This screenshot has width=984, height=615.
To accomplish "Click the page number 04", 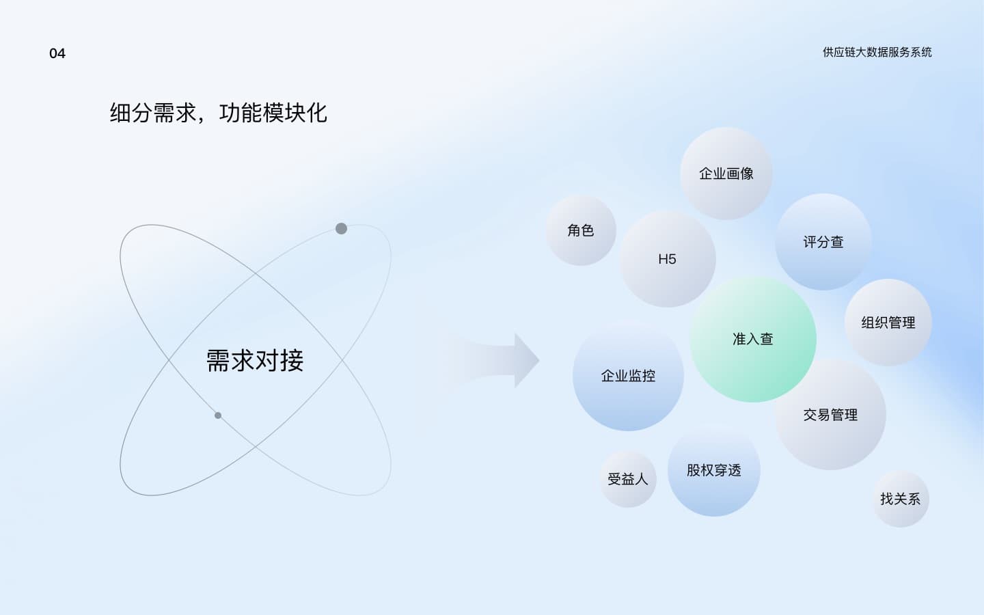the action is tap(57, 53).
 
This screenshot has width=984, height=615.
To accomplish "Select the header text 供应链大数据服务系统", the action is tap(877, 52).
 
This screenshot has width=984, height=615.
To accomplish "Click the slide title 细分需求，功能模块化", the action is tap(219, 113).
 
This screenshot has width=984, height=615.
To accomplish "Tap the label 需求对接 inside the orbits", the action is tap(255, 361).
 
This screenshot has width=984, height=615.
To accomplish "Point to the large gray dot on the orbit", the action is tap(342, 228).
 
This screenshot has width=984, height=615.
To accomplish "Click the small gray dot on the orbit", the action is tap(218, 415).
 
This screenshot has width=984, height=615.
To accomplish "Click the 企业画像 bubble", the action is tap(726, 174).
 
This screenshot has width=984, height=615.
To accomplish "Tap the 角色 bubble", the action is tap(581, 230).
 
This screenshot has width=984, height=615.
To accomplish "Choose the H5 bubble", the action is tap(667, 259).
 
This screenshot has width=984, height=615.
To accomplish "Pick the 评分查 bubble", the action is tap(823, 242).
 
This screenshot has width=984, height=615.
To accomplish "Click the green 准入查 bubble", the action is tap(753, 339).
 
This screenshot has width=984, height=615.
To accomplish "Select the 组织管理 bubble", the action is tap(888, 323).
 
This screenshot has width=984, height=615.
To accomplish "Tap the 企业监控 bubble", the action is tap(628, 376).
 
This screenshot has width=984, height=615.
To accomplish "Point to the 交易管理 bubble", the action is tap(830, 414).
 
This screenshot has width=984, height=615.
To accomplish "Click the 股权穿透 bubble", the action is tap(714, 470).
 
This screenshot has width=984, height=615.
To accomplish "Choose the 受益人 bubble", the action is tap(628, 479).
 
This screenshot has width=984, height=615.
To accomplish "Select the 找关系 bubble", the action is tap(900, 499).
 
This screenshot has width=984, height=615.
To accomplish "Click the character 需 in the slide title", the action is tap(164, 113).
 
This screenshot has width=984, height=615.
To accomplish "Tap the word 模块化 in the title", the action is tap(295, 113).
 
